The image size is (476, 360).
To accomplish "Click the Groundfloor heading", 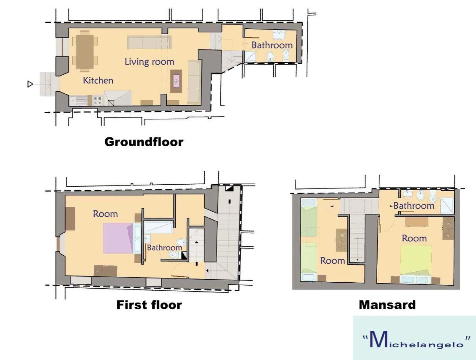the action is [144, 142].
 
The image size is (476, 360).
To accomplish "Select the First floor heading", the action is [149, 305].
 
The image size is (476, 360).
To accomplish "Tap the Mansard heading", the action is [387, 305].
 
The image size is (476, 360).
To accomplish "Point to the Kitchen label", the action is [98, 80].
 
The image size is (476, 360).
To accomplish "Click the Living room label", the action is [149, 62].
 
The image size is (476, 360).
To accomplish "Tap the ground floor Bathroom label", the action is [272, 45].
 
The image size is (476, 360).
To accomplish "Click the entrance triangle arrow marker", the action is [30, 84].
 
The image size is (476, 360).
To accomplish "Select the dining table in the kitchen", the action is [85, 52].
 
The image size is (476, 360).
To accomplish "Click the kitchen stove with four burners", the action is [97, 101].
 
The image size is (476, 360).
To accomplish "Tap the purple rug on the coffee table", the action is [176, 81].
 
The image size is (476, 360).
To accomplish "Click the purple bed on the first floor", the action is [118, 238].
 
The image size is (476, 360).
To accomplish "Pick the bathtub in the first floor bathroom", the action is [159, 227].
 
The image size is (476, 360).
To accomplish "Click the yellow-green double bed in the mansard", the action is [416, 260].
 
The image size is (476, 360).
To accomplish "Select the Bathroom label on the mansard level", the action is [414, 206].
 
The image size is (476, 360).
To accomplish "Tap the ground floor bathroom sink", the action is [279, 35].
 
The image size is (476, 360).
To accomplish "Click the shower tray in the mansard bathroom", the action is [447, 205].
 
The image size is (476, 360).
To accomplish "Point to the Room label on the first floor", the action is [105, 214].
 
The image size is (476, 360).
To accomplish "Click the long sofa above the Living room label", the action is [149, 42].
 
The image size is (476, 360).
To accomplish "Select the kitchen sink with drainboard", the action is [78, 101].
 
